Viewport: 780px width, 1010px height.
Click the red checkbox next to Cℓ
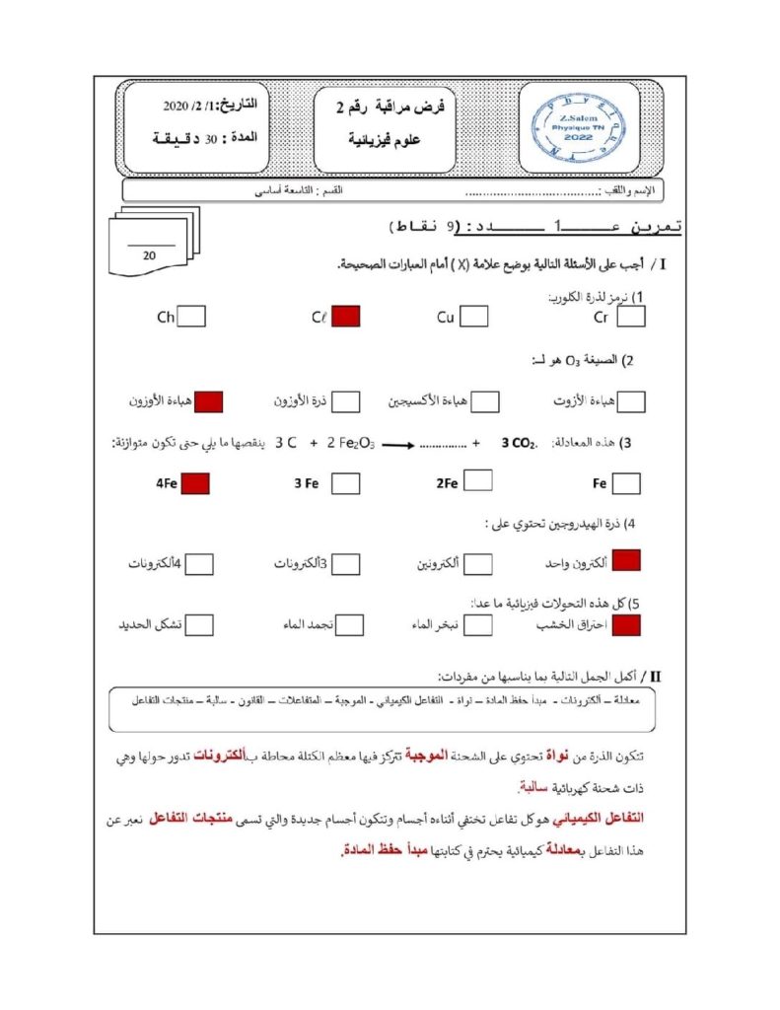click(346, 317)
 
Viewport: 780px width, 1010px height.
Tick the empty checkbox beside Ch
click(192, 317)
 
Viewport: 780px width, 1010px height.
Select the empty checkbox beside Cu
click(474, 317)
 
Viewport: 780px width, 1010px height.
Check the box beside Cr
click(631, 317)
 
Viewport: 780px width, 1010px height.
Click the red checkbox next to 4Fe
click(195, 483)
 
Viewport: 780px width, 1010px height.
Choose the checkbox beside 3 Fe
click(345, 483)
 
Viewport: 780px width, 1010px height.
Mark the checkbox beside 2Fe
click(478, 481)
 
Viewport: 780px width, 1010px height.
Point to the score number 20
click(150, 254)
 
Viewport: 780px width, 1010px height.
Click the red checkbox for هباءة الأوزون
click(208, 401)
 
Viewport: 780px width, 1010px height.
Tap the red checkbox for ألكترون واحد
click(626, 561)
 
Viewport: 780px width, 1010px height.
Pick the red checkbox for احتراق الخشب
click(626, 624)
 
